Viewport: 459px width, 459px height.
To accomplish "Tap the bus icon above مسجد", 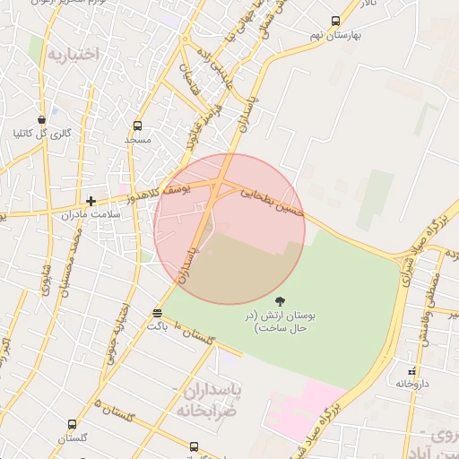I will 137,126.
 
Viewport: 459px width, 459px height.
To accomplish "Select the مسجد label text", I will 138,140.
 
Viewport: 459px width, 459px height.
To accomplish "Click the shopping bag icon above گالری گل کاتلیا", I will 41,120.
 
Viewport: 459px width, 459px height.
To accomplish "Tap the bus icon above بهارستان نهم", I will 335,22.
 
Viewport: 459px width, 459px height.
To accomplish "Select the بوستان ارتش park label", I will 281,323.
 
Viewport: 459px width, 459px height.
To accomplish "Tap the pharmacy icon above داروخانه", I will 412,370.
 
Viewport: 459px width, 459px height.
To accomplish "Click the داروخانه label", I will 414,384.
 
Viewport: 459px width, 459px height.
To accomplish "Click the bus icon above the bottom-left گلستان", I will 73,425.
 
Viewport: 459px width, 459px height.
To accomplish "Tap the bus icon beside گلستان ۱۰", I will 158,313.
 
